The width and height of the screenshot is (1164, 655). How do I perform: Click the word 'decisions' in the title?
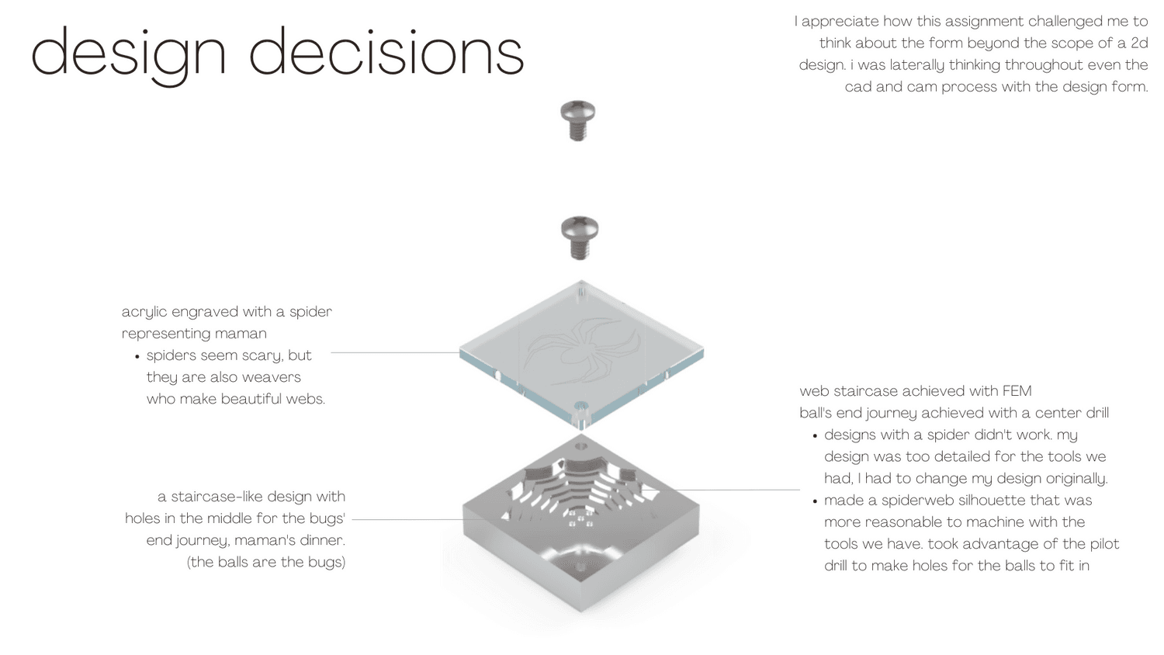tap(386, 50)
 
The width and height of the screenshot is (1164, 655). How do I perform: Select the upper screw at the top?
tap(578, 120)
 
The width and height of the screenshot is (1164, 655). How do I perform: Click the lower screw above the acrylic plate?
tap(580, 237)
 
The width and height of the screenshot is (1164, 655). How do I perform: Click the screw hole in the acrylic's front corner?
tap(581, 405)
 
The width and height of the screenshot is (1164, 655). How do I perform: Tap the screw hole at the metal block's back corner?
tap(581, 446)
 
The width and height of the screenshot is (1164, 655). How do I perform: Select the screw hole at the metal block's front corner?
tap(580, 567)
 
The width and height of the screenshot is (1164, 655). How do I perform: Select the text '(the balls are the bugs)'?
tap(266, 563)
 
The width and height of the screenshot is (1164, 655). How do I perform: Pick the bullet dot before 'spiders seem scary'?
tap(137, 357)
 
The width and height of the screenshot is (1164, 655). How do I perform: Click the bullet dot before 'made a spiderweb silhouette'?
tap(815, 502)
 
